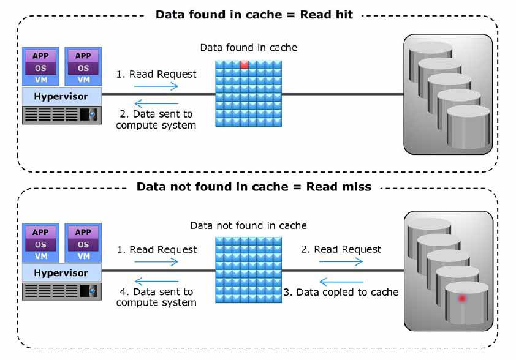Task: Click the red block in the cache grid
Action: point(244,64)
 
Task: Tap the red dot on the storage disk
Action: point(462,299)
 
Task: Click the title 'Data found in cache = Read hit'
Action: point(254,15)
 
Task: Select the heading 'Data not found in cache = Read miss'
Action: point(254,187)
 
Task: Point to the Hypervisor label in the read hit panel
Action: point(61,96)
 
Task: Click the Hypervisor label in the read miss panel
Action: point(61,273)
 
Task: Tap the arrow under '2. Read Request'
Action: point(341,261)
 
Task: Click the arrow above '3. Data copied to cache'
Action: point(341,282)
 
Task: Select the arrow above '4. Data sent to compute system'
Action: point(156,281)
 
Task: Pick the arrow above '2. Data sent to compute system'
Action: point(156,103)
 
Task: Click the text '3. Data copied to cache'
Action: point(341,292)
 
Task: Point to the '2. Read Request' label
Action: point(341,249)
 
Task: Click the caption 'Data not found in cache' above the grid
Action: point(248,225)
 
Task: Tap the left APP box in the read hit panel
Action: point(40,56)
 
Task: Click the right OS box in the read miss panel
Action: point(83,245)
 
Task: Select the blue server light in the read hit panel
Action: point(93,114)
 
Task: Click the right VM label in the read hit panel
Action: point(83,80)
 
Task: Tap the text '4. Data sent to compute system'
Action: point(156,297)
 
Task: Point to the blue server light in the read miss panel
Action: point(93,291)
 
